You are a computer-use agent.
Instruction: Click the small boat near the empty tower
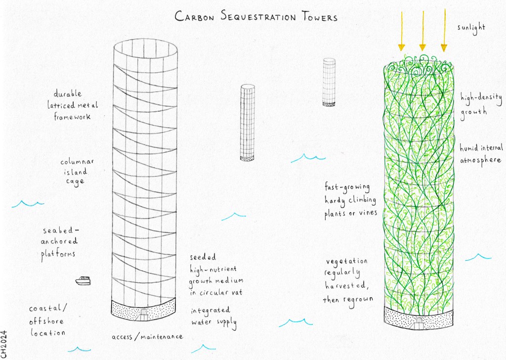83,281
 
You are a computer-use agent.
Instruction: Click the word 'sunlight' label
471,27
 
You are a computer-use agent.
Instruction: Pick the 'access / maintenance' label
147,337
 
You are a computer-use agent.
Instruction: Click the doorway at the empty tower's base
143,313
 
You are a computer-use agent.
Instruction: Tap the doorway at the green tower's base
419,322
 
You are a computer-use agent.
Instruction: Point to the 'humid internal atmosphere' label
481,154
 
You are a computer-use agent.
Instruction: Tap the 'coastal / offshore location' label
47,320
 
